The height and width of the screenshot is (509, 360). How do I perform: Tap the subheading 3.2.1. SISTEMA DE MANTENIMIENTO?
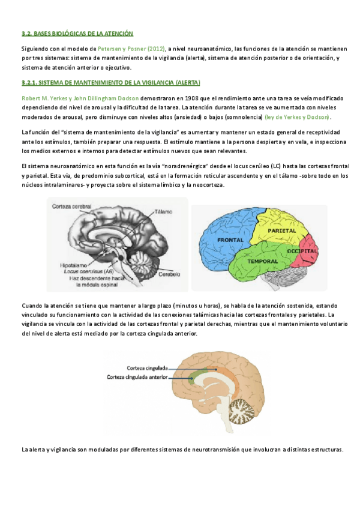(110, 82)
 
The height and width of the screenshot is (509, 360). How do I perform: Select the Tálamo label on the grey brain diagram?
(163, 212)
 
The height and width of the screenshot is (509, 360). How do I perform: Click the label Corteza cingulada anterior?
(137, 378)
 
